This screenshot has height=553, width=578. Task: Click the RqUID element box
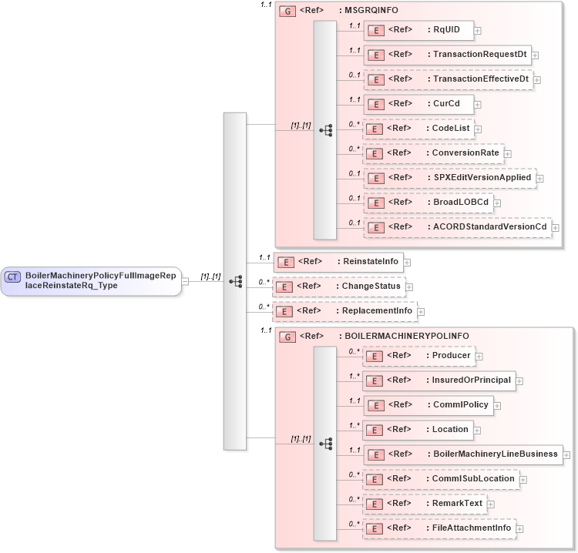coord(418,30)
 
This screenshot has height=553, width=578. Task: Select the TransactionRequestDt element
coord(447,55)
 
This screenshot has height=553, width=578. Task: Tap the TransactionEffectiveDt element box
coord(448,79)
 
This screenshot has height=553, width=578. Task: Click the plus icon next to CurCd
coord(478,105)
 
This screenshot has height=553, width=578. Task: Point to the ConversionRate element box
coord(433,153)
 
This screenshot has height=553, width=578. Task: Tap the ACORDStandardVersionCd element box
coord(458,227)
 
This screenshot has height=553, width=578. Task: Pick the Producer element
coord(418,355)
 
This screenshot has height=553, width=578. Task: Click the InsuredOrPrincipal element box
coord(439,380)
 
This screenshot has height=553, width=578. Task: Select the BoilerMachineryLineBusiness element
coord(462,454)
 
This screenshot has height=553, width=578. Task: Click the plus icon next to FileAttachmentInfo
coord(520,529)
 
